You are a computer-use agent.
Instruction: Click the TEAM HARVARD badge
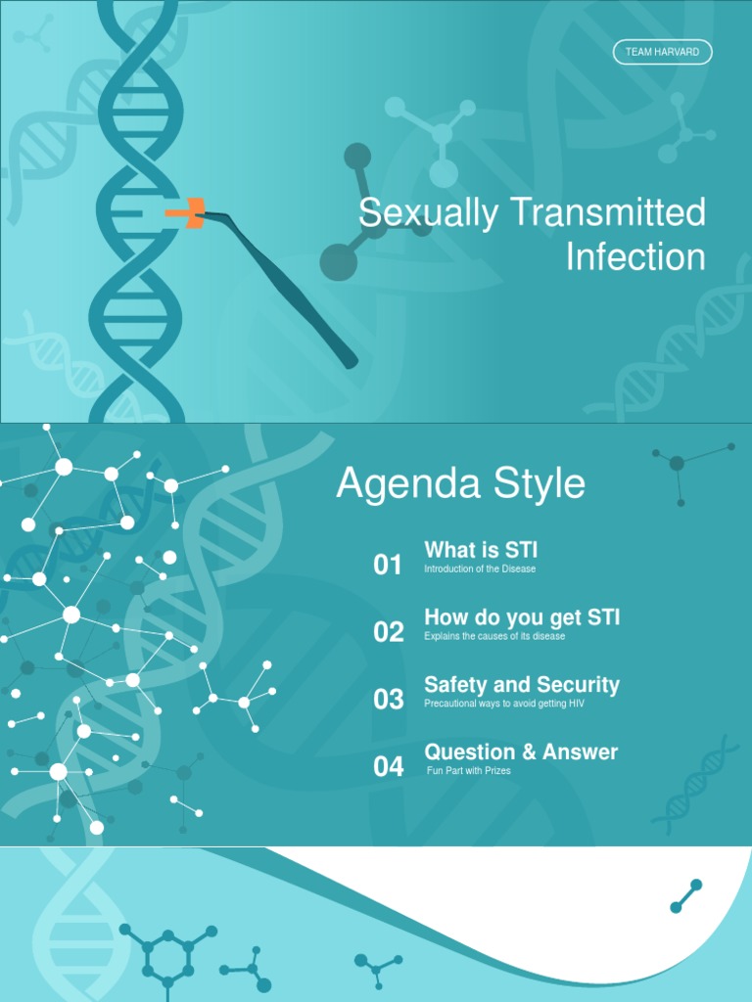coord(662,52)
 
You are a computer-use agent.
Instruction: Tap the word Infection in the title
coord(635,257)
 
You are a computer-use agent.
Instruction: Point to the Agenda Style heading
coord(460,484)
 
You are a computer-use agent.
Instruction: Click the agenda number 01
coord(388,565)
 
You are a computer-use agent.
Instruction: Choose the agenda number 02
coord(388,632)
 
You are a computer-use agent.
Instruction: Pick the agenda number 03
coord(388,700)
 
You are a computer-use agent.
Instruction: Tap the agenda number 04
coord(388,767)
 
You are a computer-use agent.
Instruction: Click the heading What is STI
coord(481,551)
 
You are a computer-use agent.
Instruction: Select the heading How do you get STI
coord(522,618)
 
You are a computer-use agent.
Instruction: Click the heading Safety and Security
coord(522,685)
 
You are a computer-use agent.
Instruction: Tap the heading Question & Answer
coord(521,752)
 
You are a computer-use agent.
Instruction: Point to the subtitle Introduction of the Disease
coord(480,569)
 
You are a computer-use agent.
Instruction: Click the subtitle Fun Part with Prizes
coord(469,771)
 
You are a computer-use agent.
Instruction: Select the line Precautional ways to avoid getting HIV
coord(504,704)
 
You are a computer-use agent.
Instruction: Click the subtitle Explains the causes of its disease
coord(494,637)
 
